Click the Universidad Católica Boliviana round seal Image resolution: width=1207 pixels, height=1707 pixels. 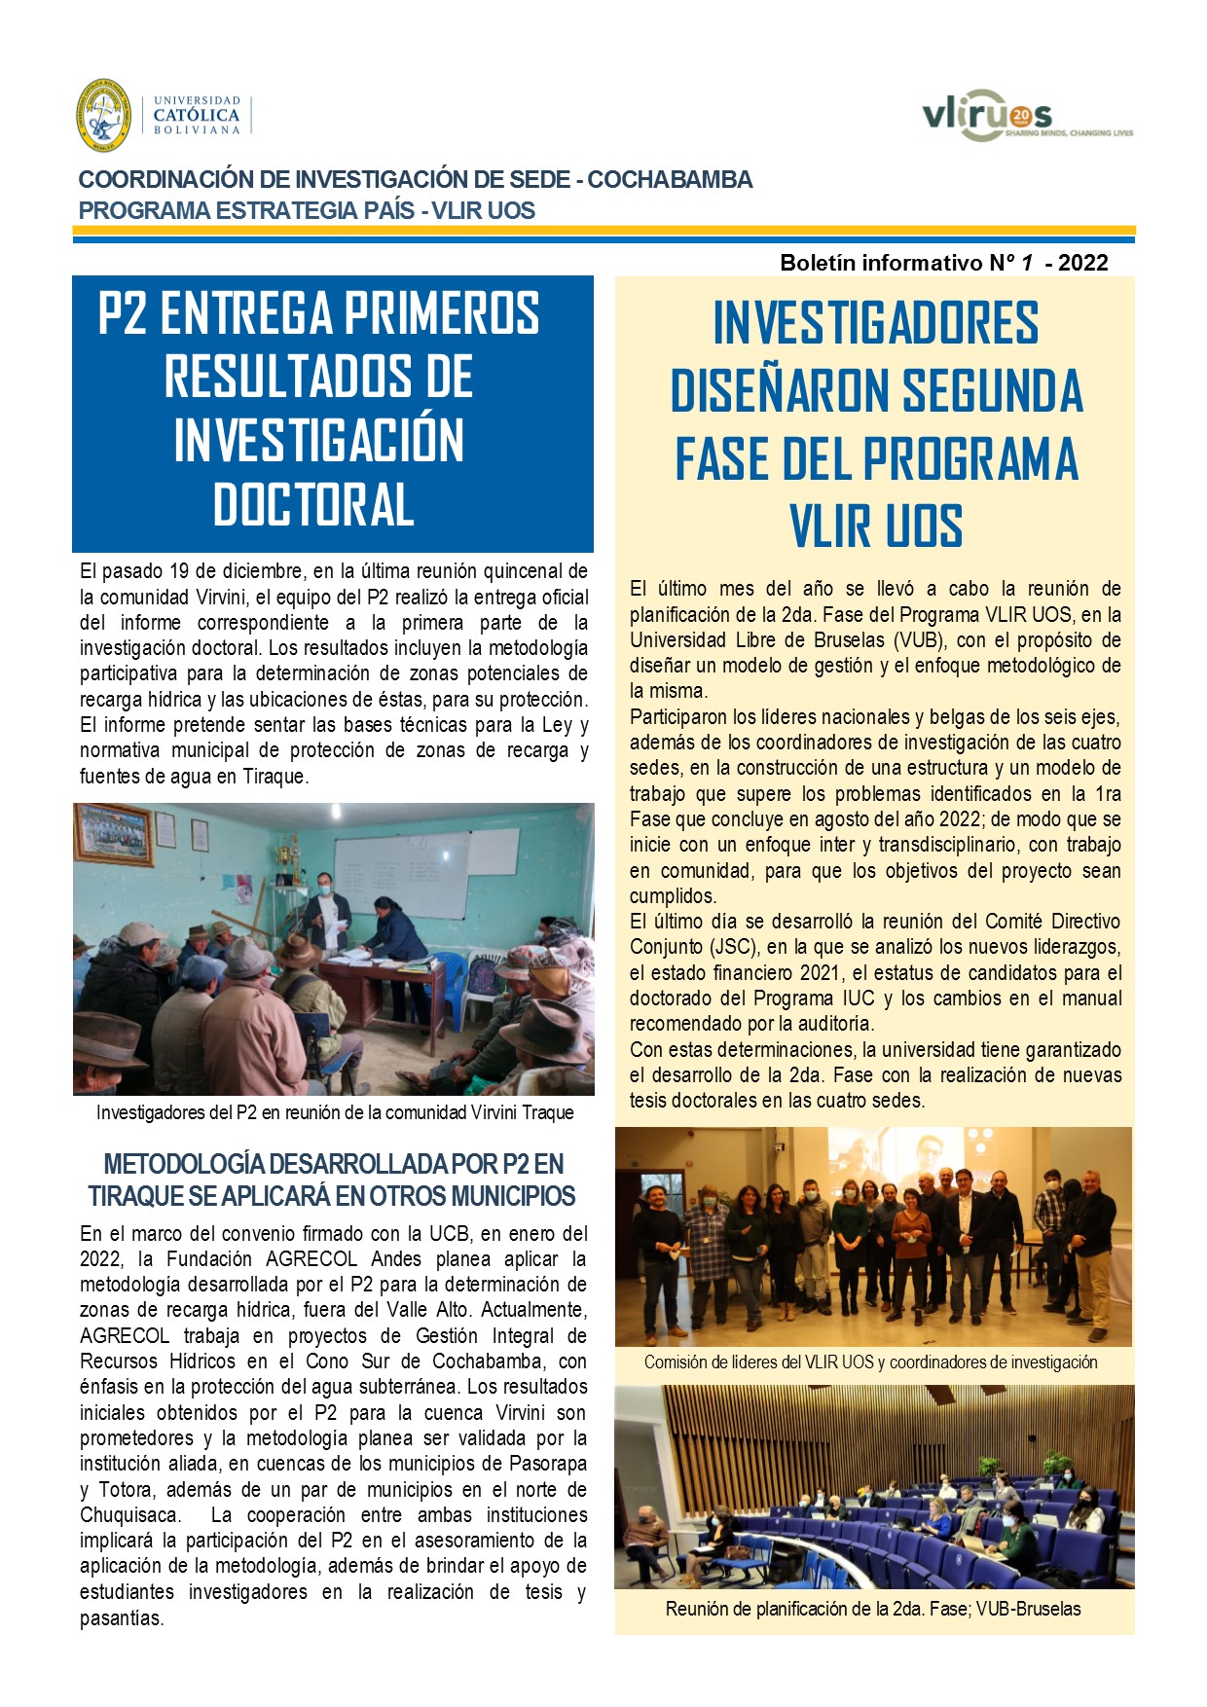click(103, 115)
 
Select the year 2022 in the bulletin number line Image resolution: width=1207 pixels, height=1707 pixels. click(1082, 263)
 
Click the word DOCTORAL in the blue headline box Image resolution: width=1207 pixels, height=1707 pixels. click(314, 505)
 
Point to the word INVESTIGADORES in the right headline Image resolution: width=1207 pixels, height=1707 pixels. click(876, 324)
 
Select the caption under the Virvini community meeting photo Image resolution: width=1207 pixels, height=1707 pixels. click(334, 1112)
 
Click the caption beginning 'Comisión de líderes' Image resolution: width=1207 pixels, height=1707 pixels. click(870, 1362)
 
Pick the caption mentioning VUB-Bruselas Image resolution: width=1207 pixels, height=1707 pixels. click(872, 1609)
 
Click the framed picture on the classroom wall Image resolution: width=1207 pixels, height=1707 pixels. click(115, 833)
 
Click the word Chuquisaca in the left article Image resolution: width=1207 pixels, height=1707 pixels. click(129, 1515)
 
